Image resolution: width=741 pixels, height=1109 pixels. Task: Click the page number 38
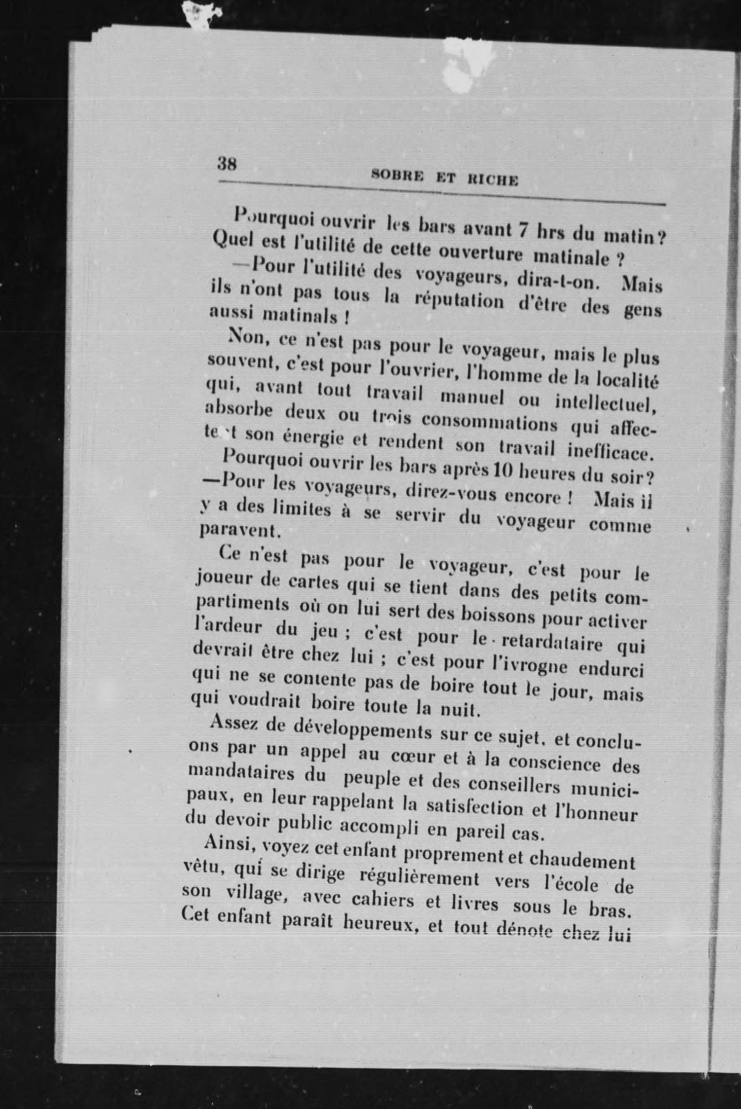point(227,164)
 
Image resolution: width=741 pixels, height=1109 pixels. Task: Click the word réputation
point(461,300)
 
